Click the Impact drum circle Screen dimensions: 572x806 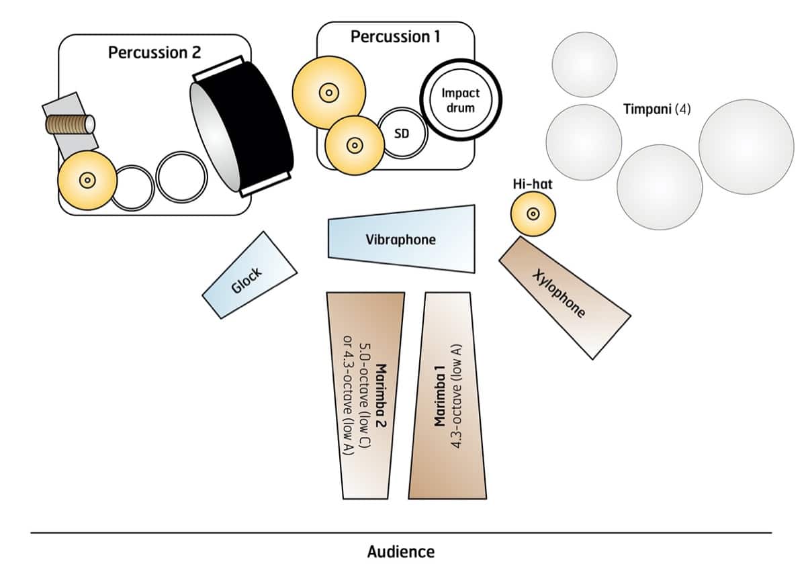(460, 101)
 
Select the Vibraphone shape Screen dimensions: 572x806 (402, 239)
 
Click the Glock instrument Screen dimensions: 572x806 (249, 275)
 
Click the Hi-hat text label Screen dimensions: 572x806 (532, 183)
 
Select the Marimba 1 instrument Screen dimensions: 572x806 (447, 396)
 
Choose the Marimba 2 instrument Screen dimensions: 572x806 (365, 396)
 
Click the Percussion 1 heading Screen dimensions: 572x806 (396, 37)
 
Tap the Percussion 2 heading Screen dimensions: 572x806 (154, 52)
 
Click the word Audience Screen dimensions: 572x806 (401, 552)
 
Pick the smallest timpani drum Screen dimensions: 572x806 (584, 64)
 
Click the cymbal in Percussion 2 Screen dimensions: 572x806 (86, 180)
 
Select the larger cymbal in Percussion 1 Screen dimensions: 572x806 (328, 92)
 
